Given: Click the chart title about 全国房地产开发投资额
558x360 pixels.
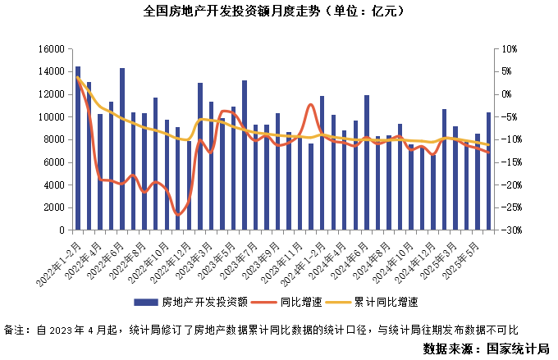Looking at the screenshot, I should click(x=279, y=12).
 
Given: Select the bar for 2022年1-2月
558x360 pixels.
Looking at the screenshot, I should click(x=78, y=148).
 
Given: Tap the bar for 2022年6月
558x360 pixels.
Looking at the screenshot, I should click(x=122, y=148).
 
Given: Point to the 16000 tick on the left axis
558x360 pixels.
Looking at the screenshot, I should click(x=52, y=49).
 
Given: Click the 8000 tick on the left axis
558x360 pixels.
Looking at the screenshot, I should click(x=54, y=140).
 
